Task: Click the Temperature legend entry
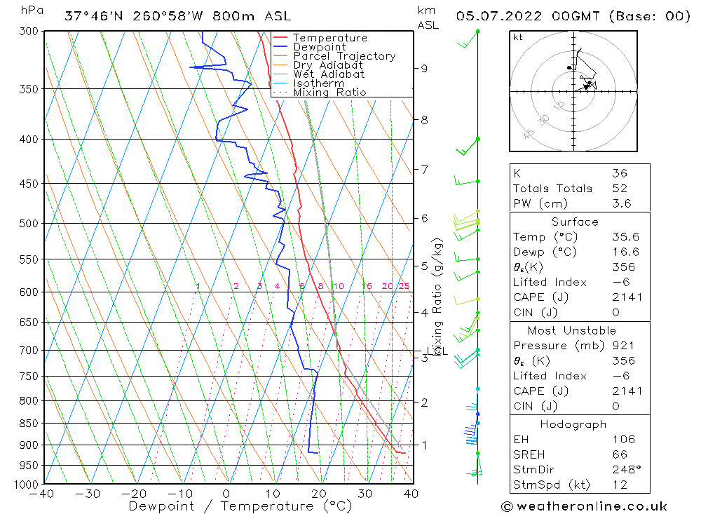pyautogui.click(x=329, y=38)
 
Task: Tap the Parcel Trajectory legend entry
pyautogui.click(x=344, y=56)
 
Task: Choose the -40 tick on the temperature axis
pyautogui.click(x=43, y=494)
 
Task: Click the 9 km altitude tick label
pyautogui.click(x=424, y=68)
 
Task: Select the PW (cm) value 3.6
pyautogui.click(x=622, y=203)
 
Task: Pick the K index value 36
pyautogui.click(x=620, y=173)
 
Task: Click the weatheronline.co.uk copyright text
pyautogui.click(x=584, y=506)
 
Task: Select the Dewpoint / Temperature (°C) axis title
pyautogui.click(x=240, y=506)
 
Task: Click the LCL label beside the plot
pyautogui.click(x=440, y=351)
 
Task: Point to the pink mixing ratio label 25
pyautogui.click(x=404, y=286)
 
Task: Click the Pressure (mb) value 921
pyautogui.click(x=624, y=346)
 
